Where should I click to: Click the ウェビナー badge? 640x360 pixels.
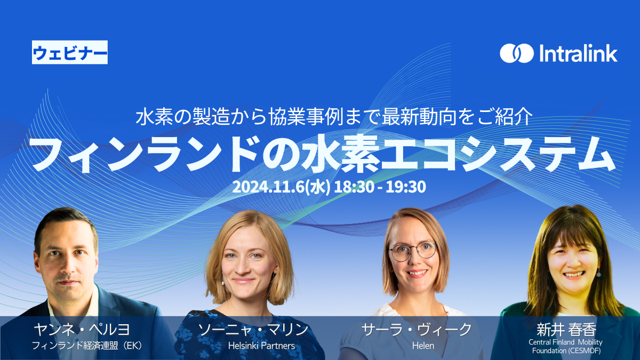pyautogui.click(x=70, y=52)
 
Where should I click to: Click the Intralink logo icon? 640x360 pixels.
pyautogui.click(x=517, y=53)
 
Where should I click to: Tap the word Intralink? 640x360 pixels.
pyautogui.click(x=578, y=53)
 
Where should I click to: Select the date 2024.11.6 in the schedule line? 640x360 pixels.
pyautogui.click(x=268, y=187)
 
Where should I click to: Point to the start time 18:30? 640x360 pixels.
pyautogui.click(x=354, y=187)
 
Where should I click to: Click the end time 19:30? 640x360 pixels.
pyautogui.click(x=406, y=187)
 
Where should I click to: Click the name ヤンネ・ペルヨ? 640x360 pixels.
pyautogui.click(x=82, y=330)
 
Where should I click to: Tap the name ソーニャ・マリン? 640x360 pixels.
pyautogui.click(x=253, y=330)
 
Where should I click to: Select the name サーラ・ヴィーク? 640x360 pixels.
pyautogui.click(x=417, y=330)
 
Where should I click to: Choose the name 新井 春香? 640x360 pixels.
pyautogui.click(x=566, y=330)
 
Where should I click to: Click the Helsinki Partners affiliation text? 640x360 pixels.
pyautogui.click(x=261, y=346)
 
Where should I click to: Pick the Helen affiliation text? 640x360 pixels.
pyautogui.click(x=423, y=346)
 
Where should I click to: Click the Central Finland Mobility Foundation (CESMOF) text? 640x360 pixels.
pyautogui.click(x=566, y=346)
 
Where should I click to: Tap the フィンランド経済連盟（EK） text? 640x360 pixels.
pyautogui.click(x=87, y=346)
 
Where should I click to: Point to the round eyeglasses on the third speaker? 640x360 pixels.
pyautogui.click(x=413, y=251)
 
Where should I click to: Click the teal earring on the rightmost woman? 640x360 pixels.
pyautogui.click(x=598, y=275)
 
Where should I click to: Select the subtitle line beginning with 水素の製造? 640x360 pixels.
pyautogui.click(x=334, y=117)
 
